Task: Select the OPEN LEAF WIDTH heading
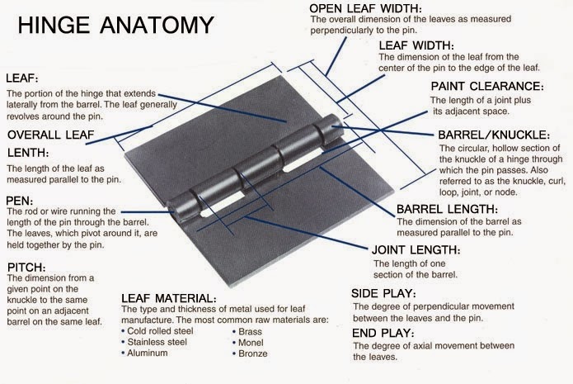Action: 366,8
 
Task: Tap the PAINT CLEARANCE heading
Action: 487,86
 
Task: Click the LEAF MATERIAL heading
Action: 169,297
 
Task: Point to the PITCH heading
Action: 27,267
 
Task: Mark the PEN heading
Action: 20,200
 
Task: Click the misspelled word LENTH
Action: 28,153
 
